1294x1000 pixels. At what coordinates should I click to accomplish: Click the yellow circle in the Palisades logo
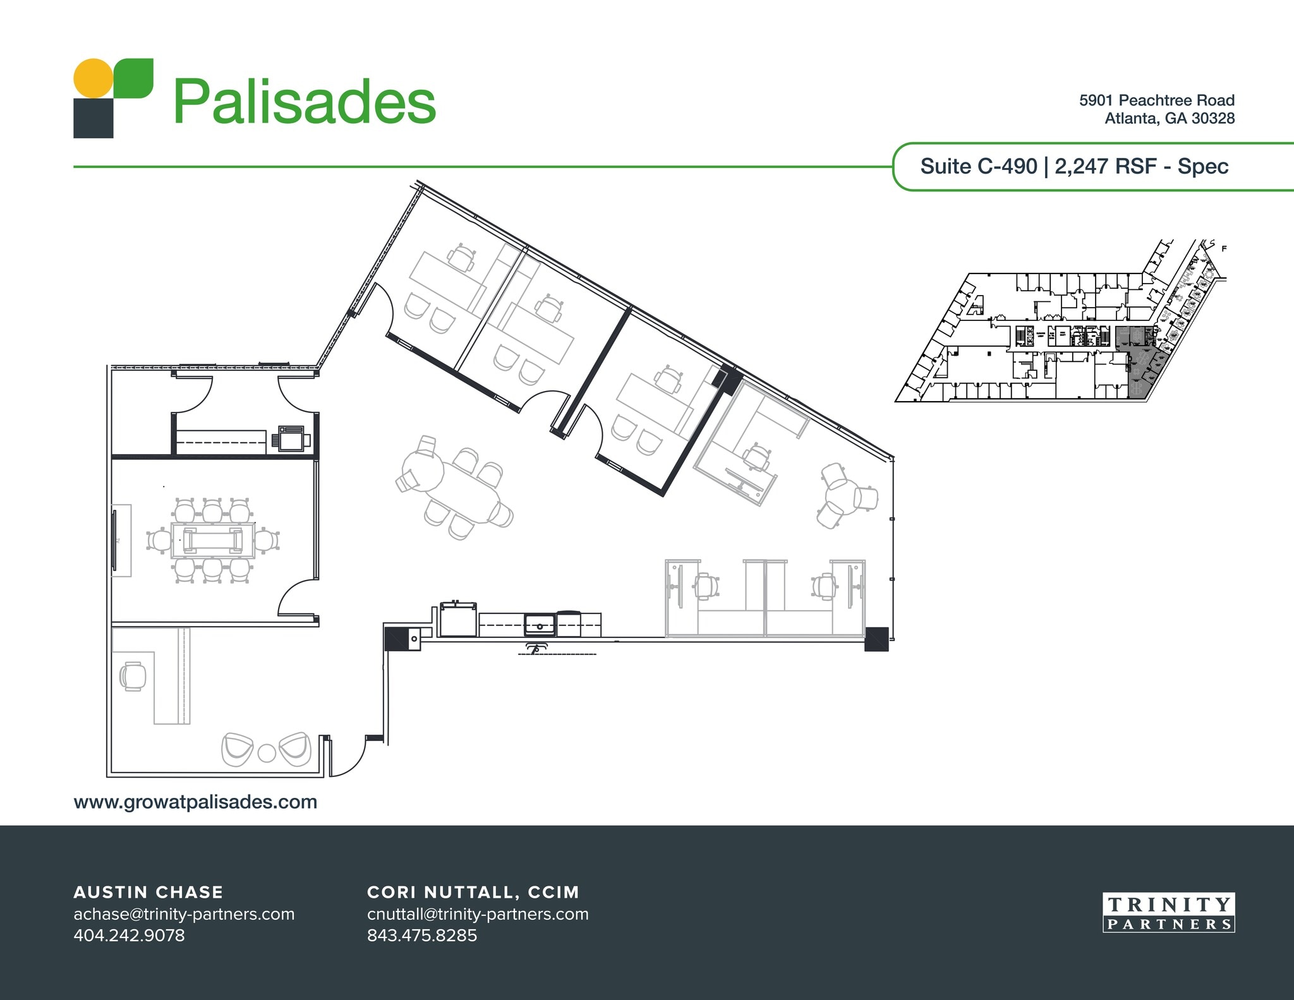coord(94,78)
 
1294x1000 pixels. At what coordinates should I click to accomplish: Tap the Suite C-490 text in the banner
coord(978,166)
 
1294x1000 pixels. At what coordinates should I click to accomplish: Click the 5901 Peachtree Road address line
coord(1156,100)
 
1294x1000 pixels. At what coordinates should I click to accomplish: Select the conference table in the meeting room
coord(212,541)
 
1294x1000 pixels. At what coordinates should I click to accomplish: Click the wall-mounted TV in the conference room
coord(115,541)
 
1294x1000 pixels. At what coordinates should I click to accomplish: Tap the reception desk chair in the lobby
coord(133,677)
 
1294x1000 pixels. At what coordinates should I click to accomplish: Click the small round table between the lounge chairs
coord(267,753)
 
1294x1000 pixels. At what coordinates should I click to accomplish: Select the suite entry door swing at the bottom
coord(348,758)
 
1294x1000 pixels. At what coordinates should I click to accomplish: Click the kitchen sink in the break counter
coord(540,625)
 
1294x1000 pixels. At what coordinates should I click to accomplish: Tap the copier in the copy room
coord(291,438)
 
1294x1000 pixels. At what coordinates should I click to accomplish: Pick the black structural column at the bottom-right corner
coord(876,639)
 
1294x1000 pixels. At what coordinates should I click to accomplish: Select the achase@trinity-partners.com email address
coord(184,914)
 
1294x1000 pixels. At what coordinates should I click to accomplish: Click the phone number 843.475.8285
coord(421,935)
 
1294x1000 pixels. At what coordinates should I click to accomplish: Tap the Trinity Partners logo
coord(1168,913)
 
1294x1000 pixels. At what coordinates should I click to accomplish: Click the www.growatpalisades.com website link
coord(195,802)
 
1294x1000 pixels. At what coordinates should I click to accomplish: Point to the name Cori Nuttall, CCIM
coord(473,892)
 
